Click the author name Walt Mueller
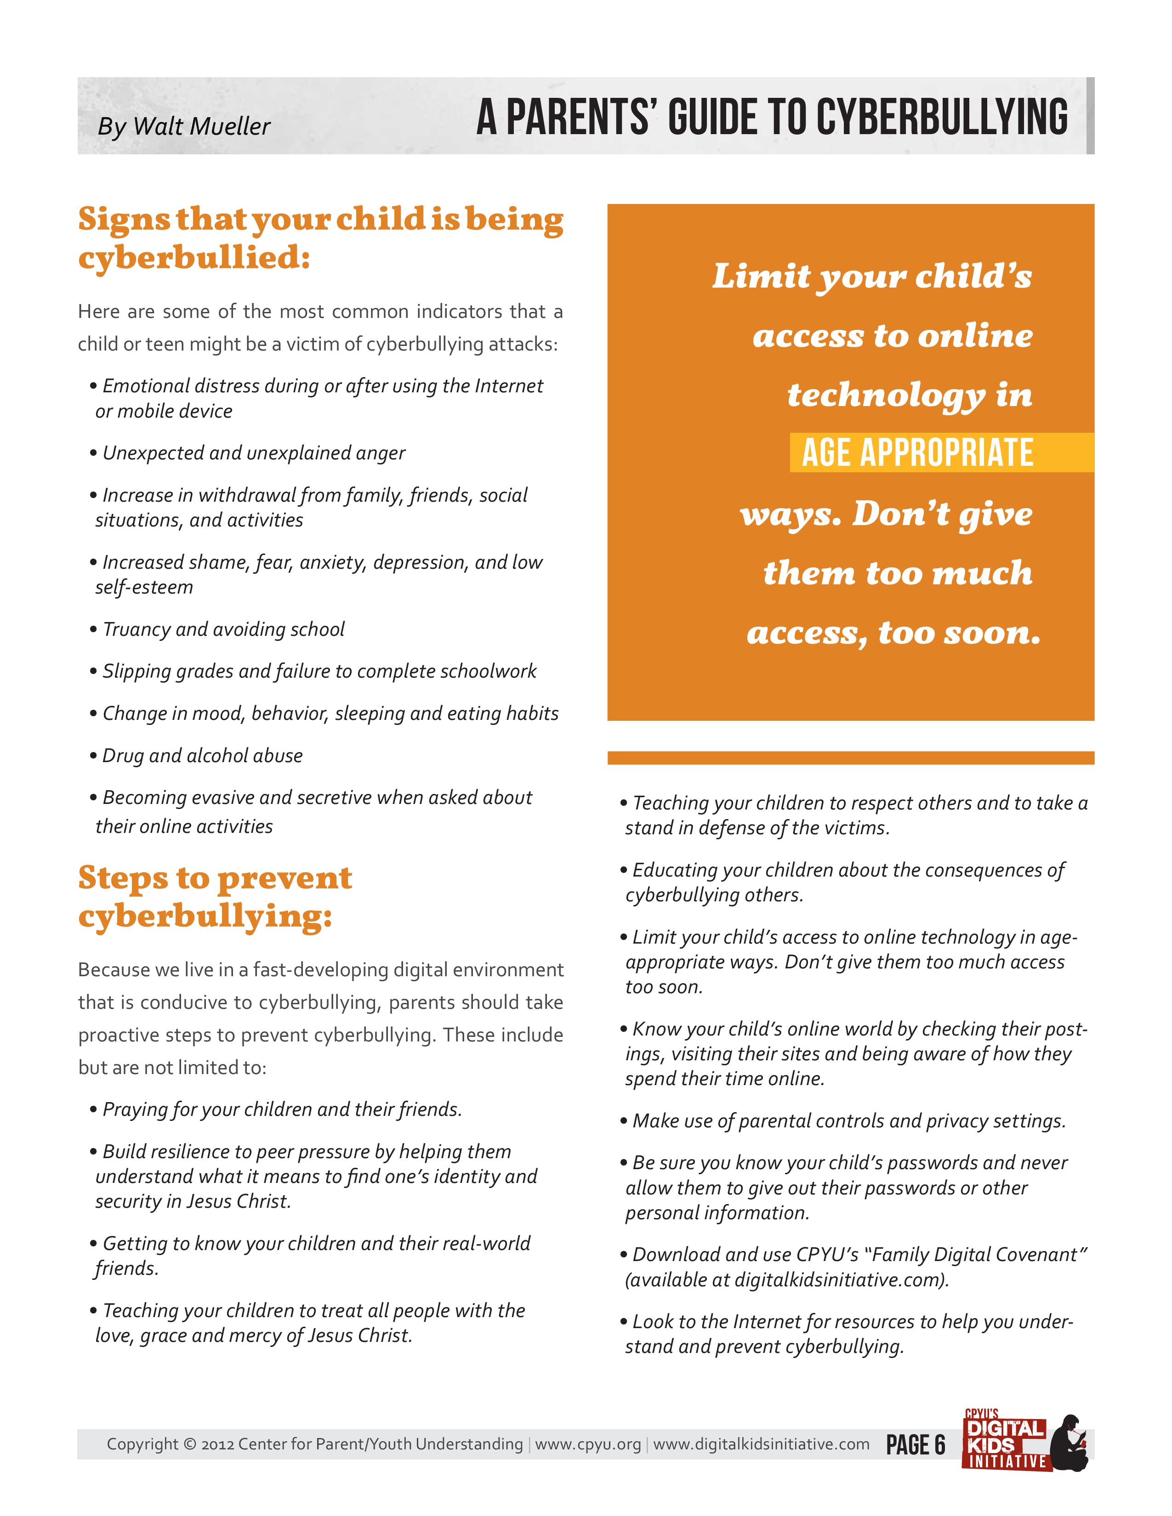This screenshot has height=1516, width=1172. pyautogui.click(x=201, y=126)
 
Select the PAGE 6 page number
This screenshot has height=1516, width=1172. pyautogui.click(x=915, y=1445)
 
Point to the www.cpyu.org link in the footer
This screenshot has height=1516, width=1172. pyautogui.click(x=587, y=1444)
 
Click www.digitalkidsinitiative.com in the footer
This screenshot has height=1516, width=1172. pyautogui.click(x=761, y=1444)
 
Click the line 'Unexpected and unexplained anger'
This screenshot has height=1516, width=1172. pyautogui.click(x=253, y=453)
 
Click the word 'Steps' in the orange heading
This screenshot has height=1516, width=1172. pyautogui.click(x=123, y=879)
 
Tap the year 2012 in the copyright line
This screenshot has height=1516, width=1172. pyautogui.click(x=216, y=1444)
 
